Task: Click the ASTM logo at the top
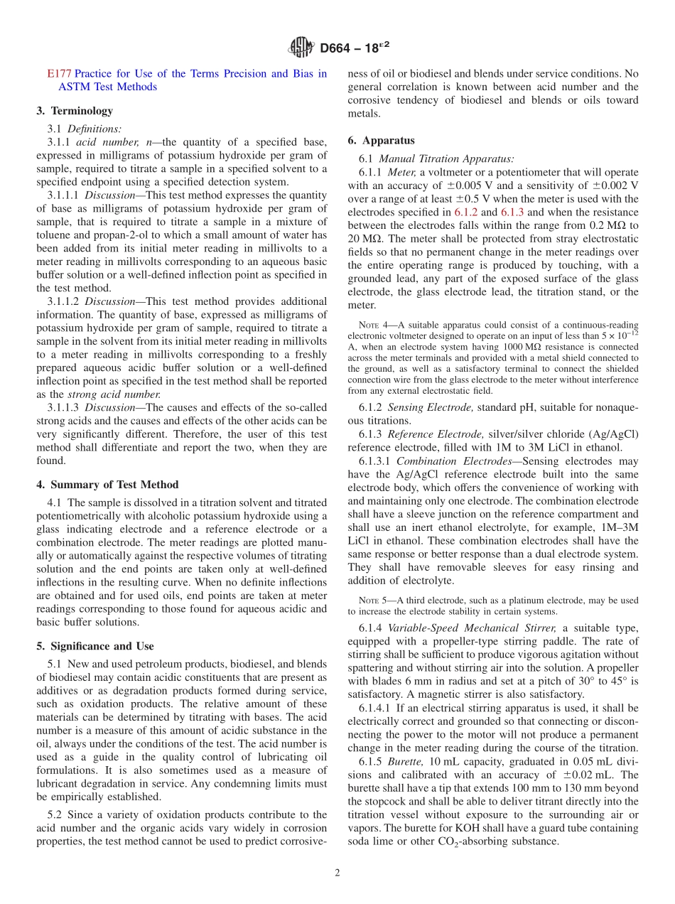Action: pos(301,48)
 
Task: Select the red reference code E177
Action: pos(59,73)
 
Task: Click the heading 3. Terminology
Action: pos(75,111)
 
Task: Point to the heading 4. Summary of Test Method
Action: pos(107,485)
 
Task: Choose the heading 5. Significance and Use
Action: pos(95,646)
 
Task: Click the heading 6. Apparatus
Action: pos(381,141)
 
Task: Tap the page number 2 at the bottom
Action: pos(337,873)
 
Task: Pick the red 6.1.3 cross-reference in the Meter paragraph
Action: pos(513,212)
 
